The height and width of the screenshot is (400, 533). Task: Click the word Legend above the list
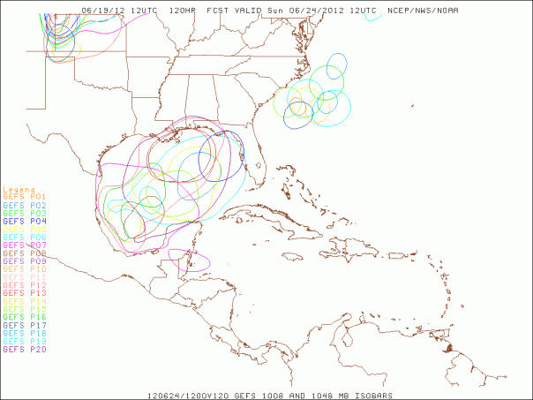(19, 188)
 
